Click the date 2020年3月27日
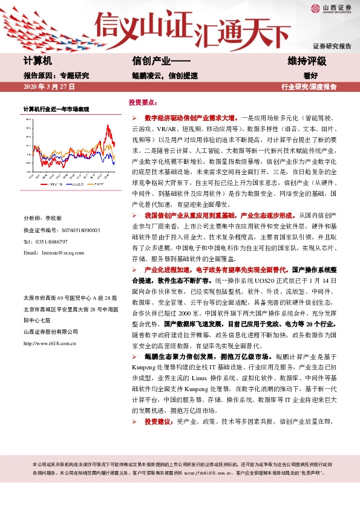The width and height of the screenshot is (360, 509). pyautogui.click(x=48, y=87)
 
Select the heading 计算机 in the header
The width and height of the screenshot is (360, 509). pyautogui.click(x=38, y=61)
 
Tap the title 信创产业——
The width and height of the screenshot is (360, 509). pyautogui.click(x=161, y=61)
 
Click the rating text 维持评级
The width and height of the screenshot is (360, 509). pyautogui.click(x=307, y=61)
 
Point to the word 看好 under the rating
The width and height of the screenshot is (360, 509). pyautogui.click(x=310, y=76)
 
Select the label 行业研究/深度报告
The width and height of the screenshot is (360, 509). pyautogui.click(x=309, y=87)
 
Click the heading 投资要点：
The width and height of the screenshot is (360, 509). pyautogui.click(x=143, y=103)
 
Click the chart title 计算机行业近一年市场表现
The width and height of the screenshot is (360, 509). pyautogui.click(x=56, y=109)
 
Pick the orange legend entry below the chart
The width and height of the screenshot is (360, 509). pyautogui.click(x=97, y=184)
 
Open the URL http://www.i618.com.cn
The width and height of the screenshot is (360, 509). pyautogui.click(x=50, y=343)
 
